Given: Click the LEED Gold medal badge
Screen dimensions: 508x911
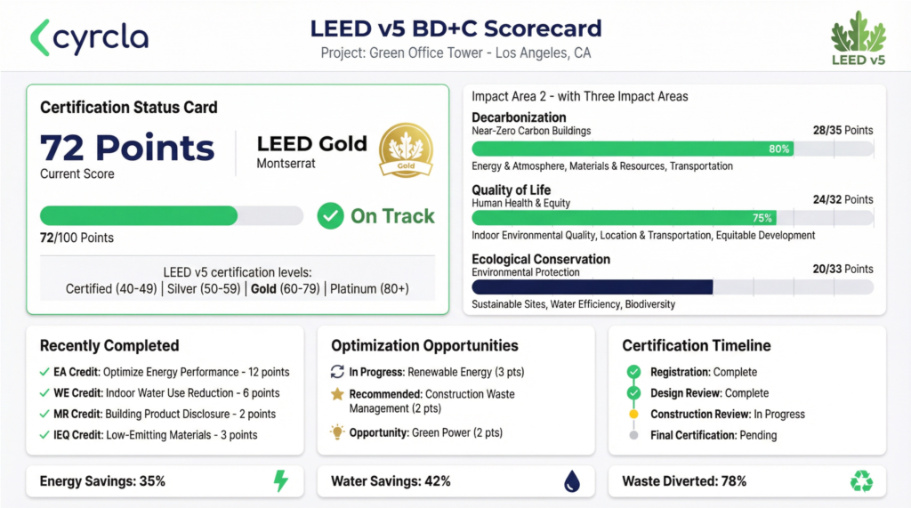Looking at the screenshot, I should click(406, 150).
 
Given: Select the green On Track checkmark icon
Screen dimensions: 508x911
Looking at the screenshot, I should click(331, 216).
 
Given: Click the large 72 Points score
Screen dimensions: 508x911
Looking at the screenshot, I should click(127, 148).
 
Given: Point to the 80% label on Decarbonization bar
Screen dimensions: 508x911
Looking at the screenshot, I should click(779, 149).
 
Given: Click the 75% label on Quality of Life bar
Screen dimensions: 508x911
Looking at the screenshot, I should click(762, 218).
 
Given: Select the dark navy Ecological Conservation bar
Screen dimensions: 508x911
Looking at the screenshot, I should click(592, 286).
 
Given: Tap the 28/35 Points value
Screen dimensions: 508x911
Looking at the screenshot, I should click(842, 131).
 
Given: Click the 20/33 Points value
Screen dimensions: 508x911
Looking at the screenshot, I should click(842, 270).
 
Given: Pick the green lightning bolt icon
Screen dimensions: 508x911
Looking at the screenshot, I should click(280, 481).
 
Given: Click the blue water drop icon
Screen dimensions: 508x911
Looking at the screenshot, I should click(571, 481).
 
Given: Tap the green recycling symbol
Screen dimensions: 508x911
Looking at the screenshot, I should click(861, 481).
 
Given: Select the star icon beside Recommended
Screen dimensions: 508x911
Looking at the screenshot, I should click(337, 393).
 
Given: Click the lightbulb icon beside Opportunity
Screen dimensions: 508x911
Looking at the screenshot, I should click(337, 432).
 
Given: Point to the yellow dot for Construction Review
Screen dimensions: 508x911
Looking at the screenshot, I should click(633, 415).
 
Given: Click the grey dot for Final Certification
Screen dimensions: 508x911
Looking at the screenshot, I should click(633, 436).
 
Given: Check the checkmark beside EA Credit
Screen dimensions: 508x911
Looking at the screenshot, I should click(44, 373).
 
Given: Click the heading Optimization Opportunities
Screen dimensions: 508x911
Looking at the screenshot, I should click(424, 346).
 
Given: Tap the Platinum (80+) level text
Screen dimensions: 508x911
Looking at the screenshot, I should click(369, 289).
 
